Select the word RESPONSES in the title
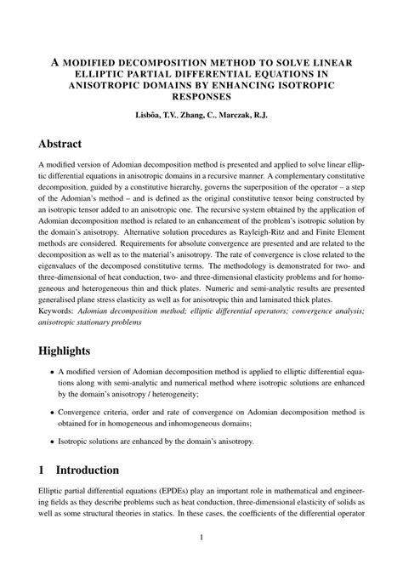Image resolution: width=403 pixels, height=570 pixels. (x=201, y=97)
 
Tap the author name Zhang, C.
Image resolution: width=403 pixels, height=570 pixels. (x=204, y=114)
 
